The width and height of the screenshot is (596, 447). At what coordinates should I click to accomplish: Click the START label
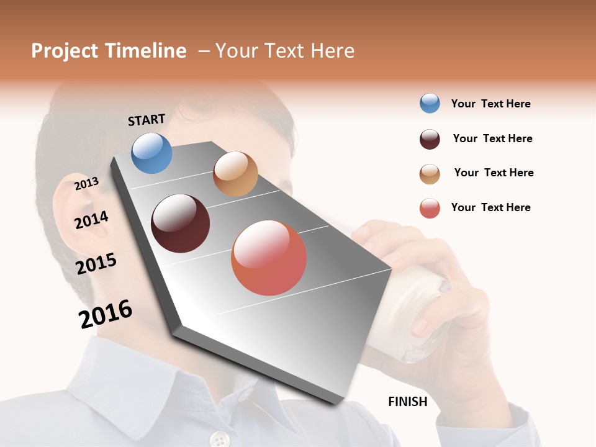tap(147, 120)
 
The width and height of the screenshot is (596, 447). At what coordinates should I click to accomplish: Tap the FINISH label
tap(408, 402)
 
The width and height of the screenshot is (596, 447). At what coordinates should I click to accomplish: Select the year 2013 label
tap(87, 183)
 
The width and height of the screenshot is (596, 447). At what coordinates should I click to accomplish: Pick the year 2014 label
tap(91, 220)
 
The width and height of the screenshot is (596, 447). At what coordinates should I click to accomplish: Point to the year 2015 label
tap(96, 264)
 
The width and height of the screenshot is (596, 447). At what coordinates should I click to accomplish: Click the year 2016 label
tap(106, 314)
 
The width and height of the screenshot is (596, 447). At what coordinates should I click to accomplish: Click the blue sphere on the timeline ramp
tap(151, 153)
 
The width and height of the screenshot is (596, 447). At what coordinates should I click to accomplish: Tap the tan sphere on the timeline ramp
tap(235, 174)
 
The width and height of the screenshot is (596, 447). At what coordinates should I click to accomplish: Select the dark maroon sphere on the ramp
tap(181, 223)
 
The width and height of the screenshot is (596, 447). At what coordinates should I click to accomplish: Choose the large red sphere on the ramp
tap(269, 258)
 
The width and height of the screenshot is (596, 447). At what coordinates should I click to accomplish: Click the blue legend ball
tap(430, 104)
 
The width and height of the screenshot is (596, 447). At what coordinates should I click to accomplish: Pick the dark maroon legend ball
tap(430, 139)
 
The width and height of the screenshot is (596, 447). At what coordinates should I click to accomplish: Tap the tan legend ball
tap(430, 174)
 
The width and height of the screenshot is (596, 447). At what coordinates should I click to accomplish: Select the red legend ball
tap(430, 209)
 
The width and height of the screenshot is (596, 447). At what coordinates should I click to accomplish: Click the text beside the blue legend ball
tap(490, 104)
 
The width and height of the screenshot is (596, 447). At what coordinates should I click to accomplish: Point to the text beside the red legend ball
tap(490, 207)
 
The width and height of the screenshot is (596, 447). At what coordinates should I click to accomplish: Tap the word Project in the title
tap(65, 51)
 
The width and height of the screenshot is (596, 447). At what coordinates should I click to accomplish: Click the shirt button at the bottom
tap(219, 440)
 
